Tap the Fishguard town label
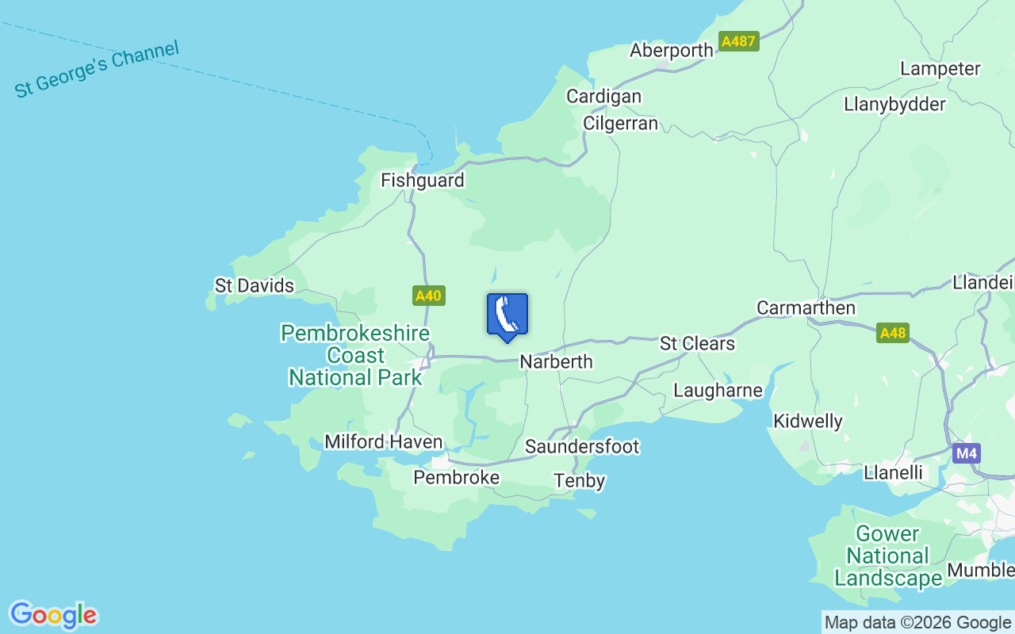coord(422,181)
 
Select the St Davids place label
coord(255,285)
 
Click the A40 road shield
coord(428,296)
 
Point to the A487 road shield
coord(739,41)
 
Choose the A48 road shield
coord(893,333)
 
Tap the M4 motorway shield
coord(967,453)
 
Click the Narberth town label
coord(556,361)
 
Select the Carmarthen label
coord(806,307)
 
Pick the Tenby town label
coord(580,480)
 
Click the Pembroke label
coord(457,477)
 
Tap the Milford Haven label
coord(383,441)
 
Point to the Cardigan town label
coord(603,96)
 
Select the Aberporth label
coord(672,51)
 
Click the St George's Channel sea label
coord(97,70)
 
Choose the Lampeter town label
coord(940,69)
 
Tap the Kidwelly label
coord(808,421)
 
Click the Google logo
coord(53,615)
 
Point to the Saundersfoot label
coord(582,447)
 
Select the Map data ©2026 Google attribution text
coord(917,623)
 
